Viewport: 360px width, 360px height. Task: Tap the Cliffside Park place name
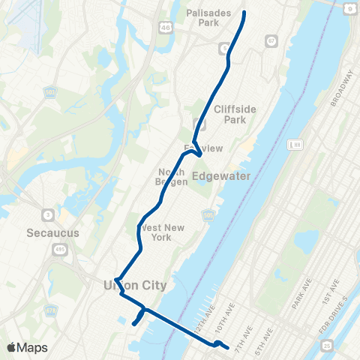coord(235,114)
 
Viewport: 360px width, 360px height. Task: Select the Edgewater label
coord(221,176)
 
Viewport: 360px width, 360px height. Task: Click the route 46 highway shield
coord(164,27)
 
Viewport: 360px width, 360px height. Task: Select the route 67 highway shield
coord(270,42)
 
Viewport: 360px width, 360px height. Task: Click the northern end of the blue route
coord(244,13)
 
